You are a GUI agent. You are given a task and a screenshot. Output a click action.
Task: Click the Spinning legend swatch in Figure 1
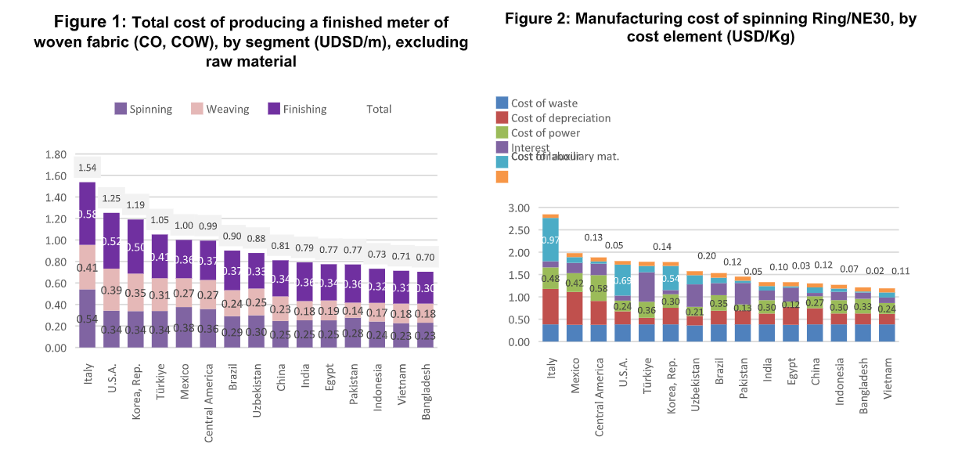[x=121, y=109]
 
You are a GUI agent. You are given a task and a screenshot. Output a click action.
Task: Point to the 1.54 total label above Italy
[x=87, y=168]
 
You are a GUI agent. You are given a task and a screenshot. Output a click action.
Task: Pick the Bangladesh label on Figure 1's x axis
[x=427, y=379]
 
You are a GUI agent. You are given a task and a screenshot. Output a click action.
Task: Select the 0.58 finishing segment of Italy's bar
[x=87, y=214]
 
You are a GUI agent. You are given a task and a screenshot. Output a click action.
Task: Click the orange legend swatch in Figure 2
[x=502, y=177]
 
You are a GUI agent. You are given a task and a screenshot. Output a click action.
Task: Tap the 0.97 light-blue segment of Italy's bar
[x=550, y=240]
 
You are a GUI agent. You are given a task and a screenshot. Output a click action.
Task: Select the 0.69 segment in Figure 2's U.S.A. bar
[x=621, y=280]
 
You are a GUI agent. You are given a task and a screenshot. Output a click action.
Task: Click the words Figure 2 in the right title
[x=536, y=20]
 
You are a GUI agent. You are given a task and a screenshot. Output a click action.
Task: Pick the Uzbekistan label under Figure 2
[x=694, y=381]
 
